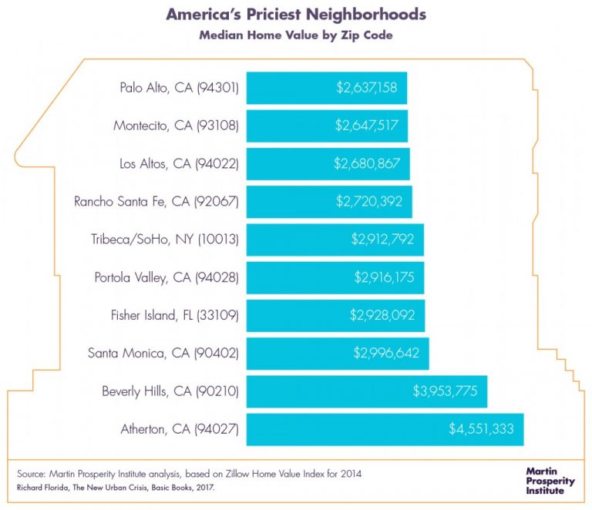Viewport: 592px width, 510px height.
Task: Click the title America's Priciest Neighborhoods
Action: point(296,15)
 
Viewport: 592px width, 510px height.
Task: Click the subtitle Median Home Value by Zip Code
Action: point(296,35)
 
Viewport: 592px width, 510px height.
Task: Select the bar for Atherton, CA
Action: point(385,429)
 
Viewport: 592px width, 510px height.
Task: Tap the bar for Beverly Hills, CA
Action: point(366,391)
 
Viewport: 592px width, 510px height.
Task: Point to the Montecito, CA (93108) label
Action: point(177,126)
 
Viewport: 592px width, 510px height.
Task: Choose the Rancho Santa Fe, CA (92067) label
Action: point(156,202)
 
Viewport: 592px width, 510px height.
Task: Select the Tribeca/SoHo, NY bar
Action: point(335,240)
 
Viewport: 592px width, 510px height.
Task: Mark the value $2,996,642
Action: point(386,353)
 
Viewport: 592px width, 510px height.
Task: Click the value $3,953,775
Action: point(445,391)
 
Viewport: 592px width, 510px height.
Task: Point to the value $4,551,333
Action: point(481,429)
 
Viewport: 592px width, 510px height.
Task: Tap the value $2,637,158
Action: point(367,88)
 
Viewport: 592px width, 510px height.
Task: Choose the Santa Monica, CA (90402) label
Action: point(163,353)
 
